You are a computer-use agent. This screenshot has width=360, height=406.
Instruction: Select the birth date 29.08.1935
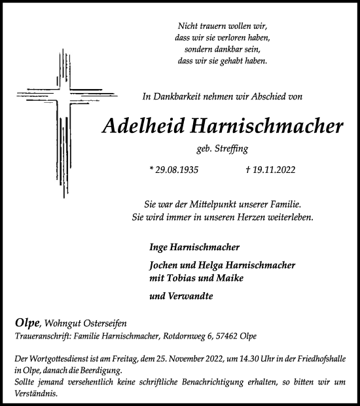point(174,169)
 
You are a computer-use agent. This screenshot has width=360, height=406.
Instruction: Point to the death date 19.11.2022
point(268,169)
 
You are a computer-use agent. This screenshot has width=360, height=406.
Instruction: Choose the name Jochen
point(164,265)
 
